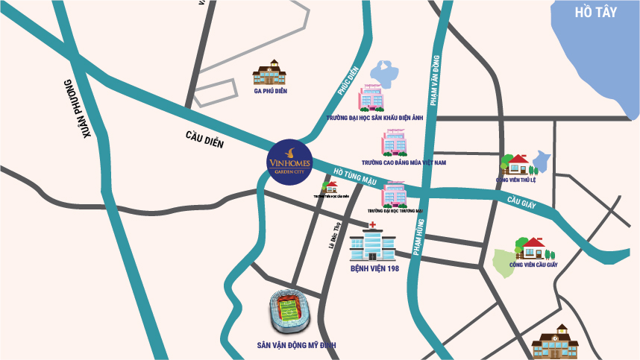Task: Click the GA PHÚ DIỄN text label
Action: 270,92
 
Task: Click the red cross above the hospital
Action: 371,224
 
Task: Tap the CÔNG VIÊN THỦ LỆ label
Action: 522,180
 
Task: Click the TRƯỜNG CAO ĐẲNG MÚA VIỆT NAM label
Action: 403,162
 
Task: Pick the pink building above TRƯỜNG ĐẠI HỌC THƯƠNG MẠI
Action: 394,194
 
